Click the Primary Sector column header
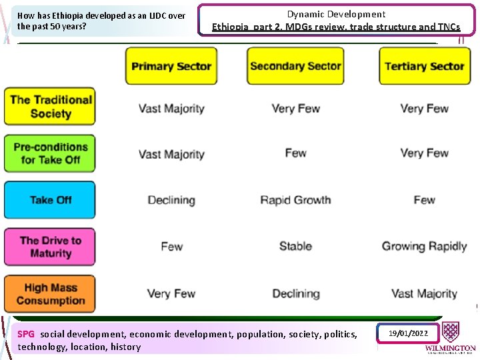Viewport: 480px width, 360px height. [x=171, y=66]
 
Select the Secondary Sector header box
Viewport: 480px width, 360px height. [x=295, y=66]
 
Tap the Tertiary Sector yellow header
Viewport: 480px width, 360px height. [x=424, y=66]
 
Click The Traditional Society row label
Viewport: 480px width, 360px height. [x=51, y=107]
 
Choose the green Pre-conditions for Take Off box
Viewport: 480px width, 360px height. [x=51, y=153]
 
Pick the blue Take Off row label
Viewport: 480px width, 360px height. [x=51, y=200]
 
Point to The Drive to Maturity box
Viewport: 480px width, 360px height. [x=51, y=247]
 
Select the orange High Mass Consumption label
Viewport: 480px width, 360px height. [x=51, y=294]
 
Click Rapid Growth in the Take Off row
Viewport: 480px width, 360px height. [x=295, y=200]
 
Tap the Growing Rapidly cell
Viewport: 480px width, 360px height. [x=424, y=246]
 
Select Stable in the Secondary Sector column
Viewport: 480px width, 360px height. [x=295, y=246]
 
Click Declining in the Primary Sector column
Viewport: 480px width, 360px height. [x=171, y=200]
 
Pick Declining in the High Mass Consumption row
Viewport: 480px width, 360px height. [x=295, y=293]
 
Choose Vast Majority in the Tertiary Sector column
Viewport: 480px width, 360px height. [x=424, y=293]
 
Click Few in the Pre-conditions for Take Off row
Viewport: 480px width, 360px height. [x=295, y=153]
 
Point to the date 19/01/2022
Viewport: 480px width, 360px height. [x=408, y=333]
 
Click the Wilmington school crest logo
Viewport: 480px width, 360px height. [x=451, y=332]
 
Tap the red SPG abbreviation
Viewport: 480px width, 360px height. [x=26, y=334]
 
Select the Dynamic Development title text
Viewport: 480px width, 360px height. [x=336, y=14]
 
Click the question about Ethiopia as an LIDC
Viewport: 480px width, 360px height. [x=101, y=21]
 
